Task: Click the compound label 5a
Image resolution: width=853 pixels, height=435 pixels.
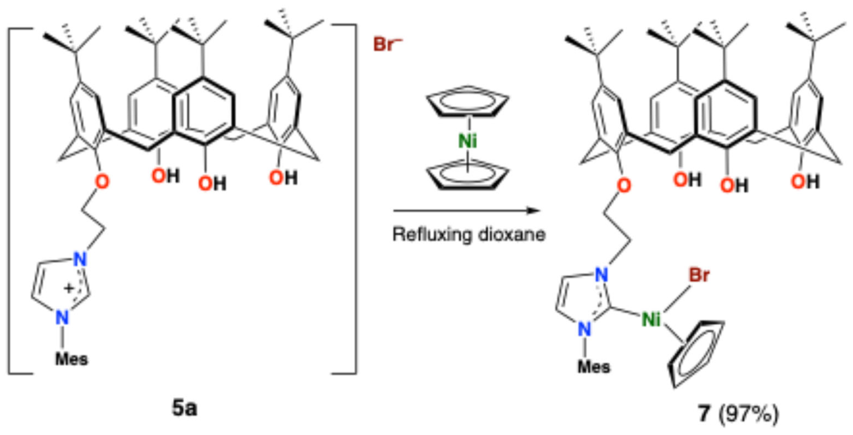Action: pos(184,408)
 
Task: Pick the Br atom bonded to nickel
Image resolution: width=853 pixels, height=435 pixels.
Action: pos(699,275)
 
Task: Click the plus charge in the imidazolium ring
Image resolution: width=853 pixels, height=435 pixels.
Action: pos(69,289)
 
